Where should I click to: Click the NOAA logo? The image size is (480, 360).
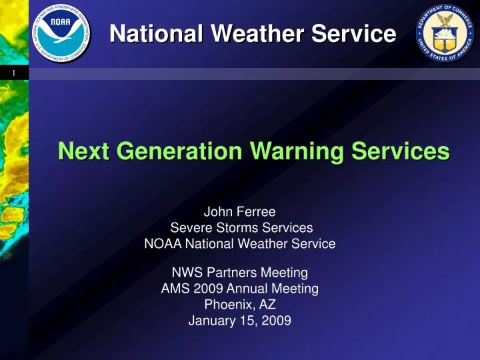point(61,33)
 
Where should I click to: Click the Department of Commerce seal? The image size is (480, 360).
point(445,33)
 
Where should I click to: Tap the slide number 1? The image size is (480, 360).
point(14,73)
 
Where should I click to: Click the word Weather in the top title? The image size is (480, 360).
point(257,33)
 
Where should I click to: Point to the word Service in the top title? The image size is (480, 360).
point(354,33)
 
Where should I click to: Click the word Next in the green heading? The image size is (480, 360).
point(83,151)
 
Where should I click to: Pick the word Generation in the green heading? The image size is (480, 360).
point(179,151)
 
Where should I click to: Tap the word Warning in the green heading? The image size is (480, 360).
point(297,152)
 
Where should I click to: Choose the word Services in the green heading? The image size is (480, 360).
point(401,151)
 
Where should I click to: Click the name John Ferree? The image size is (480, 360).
point(240,211)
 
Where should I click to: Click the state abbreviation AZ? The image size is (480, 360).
point(267,304)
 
